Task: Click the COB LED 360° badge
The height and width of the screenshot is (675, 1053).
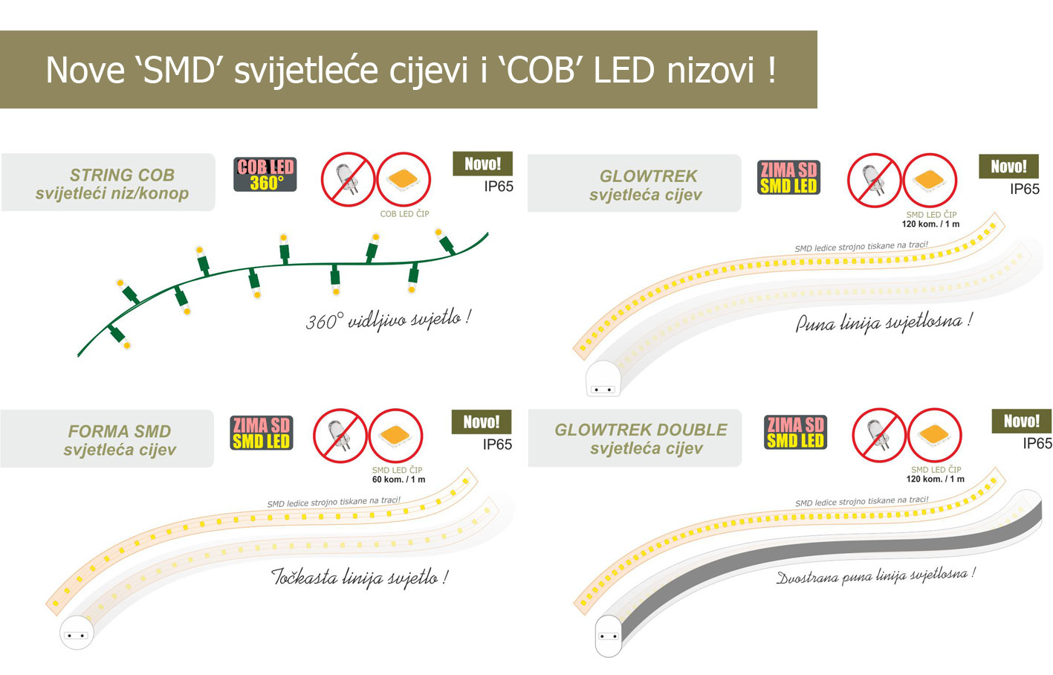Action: tap(265, 175)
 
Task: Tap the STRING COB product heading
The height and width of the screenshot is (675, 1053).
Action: tap(112, 184)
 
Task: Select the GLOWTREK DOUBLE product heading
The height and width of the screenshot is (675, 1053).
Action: tap(641, 439)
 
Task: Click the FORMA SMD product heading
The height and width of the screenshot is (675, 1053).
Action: tap(120, 440)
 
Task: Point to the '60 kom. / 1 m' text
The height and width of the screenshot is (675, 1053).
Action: tap(398, 479)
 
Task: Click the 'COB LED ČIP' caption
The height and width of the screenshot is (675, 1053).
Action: tap(404, 214)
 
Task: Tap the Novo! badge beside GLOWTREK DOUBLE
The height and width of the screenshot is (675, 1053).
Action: tap(1022, 421)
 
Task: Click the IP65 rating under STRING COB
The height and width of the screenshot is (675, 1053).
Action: tap(499, 187)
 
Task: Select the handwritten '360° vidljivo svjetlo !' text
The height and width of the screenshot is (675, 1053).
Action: tap(388, 320)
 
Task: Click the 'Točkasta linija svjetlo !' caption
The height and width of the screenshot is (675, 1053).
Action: tap(360, 577)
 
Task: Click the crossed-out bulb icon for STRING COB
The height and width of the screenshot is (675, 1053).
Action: tap(348, 179)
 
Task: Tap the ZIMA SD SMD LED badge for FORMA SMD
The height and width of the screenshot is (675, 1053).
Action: tap(262, 433)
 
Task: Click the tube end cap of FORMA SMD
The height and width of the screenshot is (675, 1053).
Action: tap(77, 633)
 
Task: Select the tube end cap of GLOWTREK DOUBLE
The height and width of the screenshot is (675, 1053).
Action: tap(609, 636)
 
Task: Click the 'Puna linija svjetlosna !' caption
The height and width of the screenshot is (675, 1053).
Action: tap(883, 323)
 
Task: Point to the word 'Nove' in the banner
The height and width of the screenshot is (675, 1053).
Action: tap(85, 71)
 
